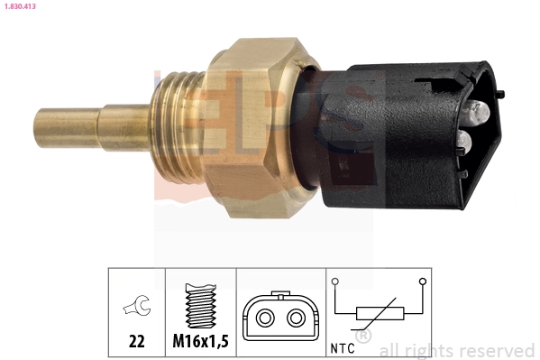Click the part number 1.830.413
20,6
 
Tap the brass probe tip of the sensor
67,128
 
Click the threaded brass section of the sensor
178,126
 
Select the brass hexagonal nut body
254,127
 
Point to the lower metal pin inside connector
463,142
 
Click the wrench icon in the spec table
137,305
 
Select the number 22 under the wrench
137,341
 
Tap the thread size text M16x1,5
200,341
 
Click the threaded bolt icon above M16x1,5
201,306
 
